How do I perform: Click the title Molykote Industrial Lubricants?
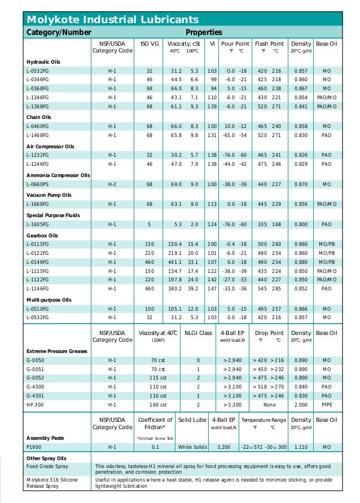(113, 20)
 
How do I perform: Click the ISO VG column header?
(149, 43)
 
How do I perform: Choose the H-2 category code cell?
(112, 184)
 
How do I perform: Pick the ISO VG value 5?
(150, 224)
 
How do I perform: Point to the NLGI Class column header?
(198, 333)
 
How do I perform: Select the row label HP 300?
(35, 405)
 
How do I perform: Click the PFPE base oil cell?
(326, 405)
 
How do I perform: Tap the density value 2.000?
(301, 405)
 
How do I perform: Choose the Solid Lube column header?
(192, 420)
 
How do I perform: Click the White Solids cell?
(192, 447)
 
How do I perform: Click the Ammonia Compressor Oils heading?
(58, 175)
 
